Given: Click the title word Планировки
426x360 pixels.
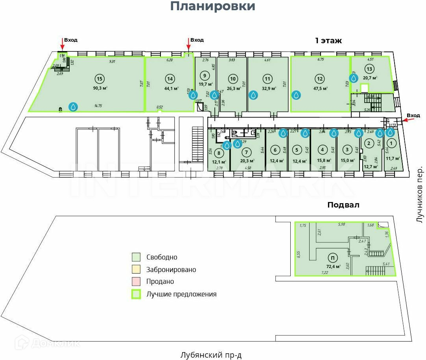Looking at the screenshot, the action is (213, 7).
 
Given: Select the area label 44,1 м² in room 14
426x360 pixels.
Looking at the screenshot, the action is (172, 88).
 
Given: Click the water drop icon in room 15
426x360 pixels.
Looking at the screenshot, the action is (74, 107).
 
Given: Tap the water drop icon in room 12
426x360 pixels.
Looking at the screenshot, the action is (297, 95).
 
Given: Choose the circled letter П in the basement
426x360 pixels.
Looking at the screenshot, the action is (333, 258).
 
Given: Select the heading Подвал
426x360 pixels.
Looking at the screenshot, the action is (343, 205).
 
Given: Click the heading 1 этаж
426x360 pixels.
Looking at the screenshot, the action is (328, 40).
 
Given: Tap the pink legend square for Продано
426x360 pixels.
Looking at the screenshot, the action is (136, 281).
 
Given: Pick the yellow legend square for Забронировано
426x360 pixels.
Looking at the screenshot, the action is (136, 270).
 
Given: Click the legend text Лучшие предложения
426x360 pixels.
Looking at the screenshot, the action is (181, 294).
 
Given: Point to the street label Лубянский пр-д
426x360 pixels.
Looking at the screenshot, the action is (211, 355).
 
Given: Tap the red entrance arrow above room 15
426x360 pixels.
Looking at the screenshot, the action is (62, 44).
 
